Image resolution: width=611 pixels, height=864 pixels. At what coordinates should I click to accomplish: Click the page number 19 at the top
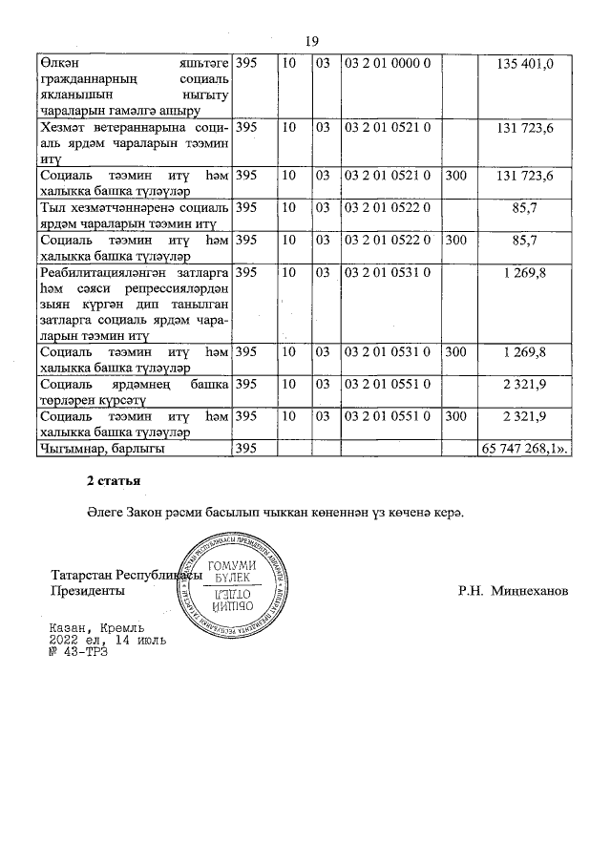click(311, 40)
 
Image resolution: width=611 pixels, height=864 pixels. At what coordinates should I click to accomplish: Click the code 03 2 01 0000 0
click(388, 63)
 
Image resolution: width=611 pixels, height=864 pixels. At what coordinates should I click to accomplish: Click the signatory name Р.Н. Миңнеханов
click(513, 591)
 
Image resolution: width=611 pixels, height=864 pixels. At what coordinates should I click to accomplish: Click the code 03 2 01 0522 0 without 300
click(388, 207)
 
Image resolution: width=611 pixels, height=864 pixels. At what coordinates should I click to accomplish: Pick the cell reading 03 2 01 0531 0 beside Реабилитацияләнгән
click(388, 273)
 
